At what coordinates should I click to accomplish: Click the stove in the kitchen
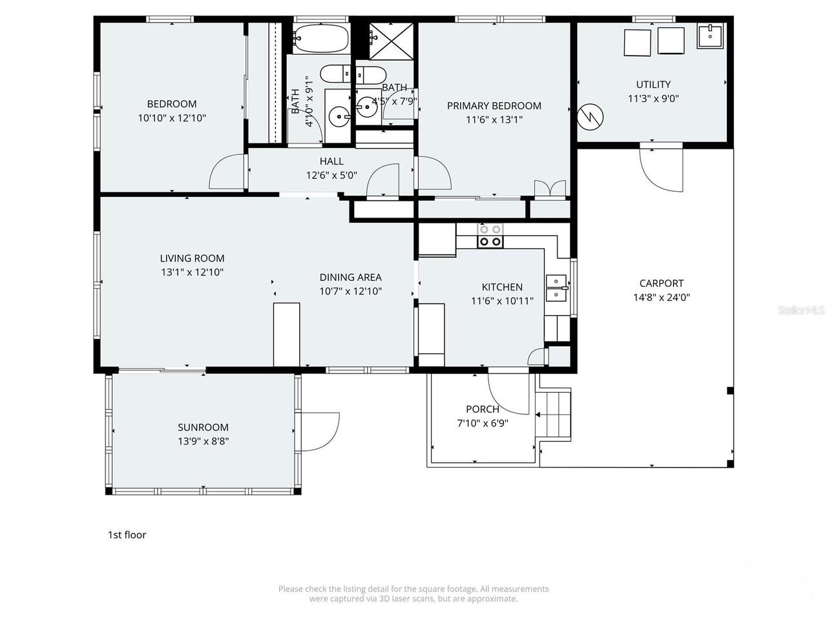coord(490,236)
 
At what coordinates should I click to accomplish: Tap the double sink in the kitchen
coord(556,288)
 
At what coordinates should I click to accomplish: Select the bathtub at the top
coord(320,38)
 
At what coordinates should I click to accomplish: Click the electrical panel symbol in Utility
coord(591,116)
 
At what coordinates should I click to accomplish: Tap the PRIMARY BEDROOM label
coord(494,106)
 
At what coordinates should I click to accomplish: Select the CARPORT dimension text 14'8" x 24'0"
coord(661,298)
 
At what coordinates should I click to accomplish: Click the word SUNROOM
coord(203,428)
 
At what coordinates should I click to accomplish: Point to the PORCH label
coord(483,409)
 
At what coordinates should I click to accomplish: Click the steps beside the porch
coord(555,416)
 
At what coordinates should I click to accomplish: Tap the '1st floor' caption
coord(127,535)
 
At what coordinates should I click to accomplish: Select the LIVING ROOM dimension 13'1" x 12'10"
coord(192,273)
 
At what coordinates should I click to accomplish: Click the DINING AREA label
coord(350,277)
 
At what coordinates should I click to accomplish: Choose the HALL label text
coord(331,161)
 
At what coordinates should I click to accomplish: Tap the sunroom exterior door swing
coord(320,431)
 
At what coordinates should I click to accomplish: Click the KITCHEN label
coord(502,287)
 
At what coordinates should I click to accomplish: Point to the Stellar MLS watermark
coord(801,310)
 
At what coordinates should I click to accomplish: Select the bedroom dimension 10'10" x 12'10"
coord(172,118)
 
